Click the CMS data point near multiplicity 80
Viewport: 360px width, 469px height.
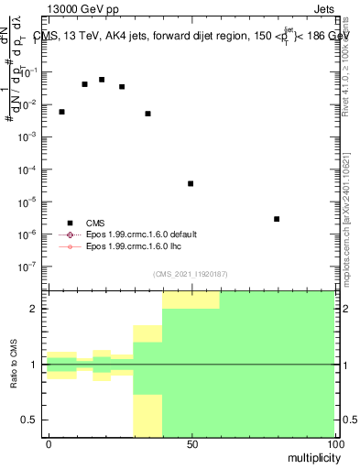point(277,219)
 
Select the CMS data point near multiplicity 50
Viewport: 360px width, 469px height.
point(191,183)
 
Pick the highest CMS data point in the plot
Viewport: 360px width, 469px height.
point(102,80)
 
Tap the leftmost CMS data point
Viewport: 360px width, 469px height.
point(61,112)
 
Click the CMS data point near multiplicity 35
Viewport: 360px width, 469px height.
point(147,114)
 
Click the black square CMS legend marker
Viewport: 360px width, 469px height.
point(70,222)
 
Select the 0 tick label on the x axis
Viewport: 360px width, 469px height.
point(49,442)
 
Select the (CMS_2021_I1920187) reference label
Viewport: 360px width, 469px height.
point(191,274)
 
